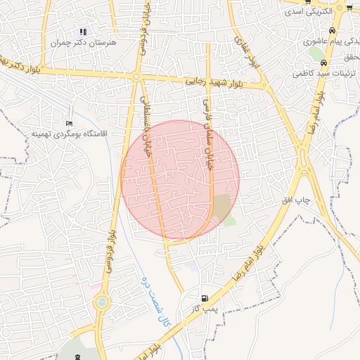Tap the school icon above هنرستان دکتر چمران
point(84,32)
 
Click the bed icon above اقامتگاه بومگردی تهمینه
point(68,124)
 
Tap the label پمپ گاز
point(204,308)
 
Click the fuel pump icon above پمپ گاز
point(205,298)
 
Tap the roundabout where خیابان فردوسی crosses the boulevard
point(136,77)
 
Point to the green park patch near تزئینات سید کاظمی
point(314,53)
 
